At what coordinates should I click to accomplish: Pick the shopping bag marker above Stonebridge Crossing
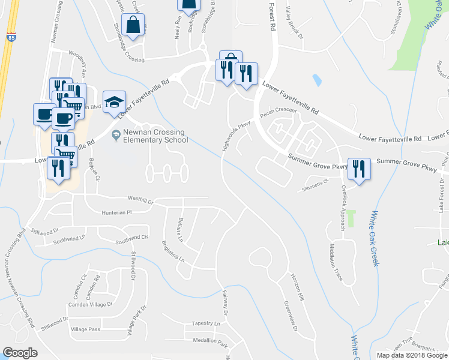[133, 26]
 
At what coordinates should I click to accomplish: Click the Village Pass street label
[85, 329]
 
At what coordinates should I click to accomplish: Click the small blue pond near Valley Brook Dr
[316, 80]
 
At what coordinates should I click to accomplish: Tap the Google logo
[20, 352]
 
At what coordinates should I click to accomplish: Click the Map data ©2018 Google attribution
[412, 355]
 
